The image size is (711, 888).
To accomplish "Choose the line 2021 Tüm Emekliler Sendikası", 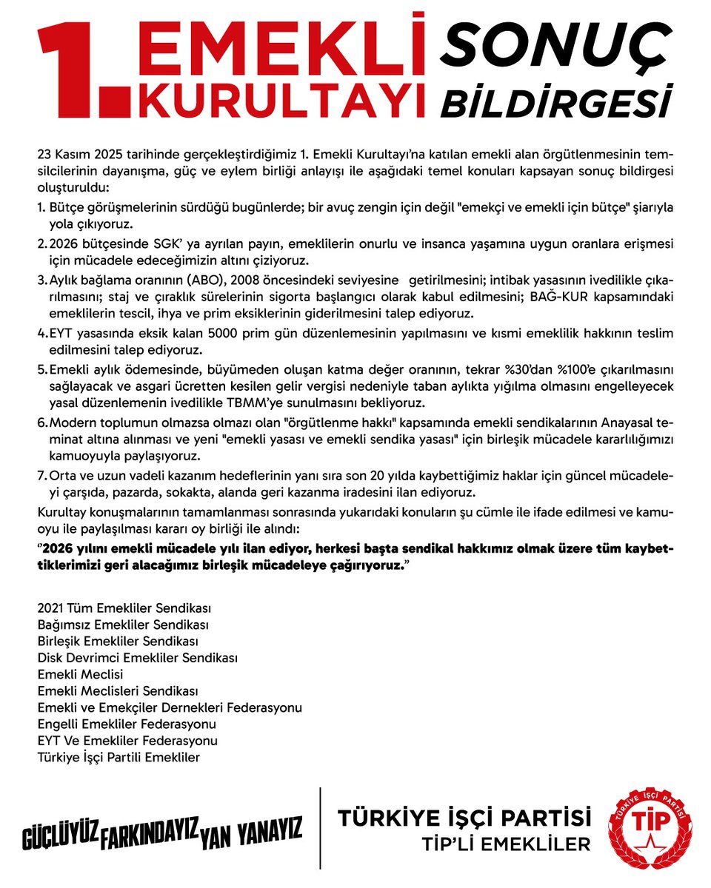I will tap(124, 608).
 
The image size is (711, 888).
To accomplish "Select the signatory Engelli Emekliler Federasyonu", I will tap(127, 723).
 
